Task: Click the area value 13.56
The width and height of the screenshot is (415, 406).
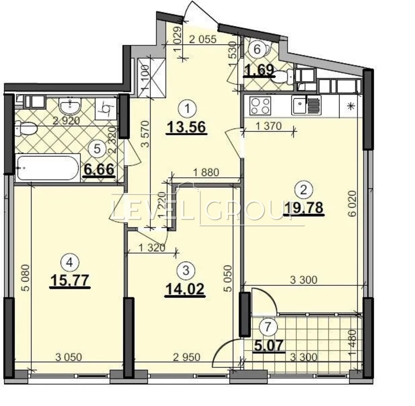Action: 187,128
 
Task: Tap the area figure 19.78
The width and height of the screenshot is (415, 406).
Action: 304,208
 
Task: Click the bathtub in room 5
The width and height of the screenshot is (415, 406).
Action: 48,168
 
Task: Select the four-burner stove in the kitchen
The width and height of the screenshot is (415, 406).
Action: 260,106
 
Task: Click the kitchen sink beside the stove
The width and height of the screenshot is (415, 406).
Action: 306,105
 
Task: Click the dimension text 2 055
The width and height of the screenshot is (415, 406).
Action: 203,40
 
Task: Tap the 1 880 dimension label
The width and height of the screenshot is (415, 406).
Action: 206,172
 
